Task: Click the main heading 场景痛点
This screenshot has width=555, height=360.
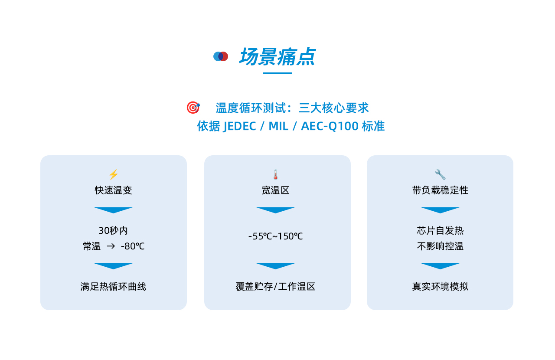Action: click(277, 57)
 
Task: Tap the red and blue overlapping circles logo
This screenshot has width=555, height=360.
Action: click(221, 56)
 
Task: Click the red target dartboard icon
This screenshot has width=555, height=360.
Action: click(193, 108)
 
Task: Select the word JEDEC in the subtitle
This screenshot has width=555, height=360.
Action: click(240, 126)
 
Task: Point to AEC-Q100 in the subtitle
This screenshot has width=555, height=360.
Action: click(330, 126)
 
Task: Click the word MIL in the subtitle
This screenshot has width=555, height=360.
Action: click(278, 126)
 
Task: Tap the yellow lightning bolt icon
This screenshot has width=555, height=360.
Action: click(114, 174)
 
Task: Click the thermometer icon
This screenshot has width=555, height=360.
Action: click(275, 174)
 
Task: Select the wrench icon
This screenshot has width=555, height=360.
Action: click(440, 174)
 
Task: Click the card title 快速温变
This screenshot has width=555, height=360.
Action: click(114, 190)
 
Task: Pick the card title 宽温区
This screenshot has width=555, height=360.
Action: click(275, 190)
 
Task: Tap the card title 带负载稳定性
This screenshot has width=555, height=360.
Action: click(440, 190)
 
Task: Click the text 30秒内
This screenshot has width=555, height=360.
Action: click(113, 231)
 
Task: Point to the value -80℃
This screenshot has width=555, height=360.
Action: click(133, 246)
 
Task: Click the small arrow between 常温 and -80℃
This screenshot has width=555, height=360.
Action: click(111, 246)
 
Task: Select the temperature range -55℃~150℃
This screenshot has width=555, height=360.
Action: click(275, 236)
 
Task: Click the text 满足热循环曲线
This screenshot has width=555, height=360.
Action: click(113, 287)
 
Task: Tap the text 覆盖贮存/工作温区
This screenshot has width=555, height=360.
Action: click(275, 287)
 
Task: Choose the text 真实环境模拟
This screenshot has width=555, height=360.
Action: click(440, 287)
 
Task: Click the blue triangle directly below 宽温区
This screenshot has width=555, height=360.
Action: click(275, 210)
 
